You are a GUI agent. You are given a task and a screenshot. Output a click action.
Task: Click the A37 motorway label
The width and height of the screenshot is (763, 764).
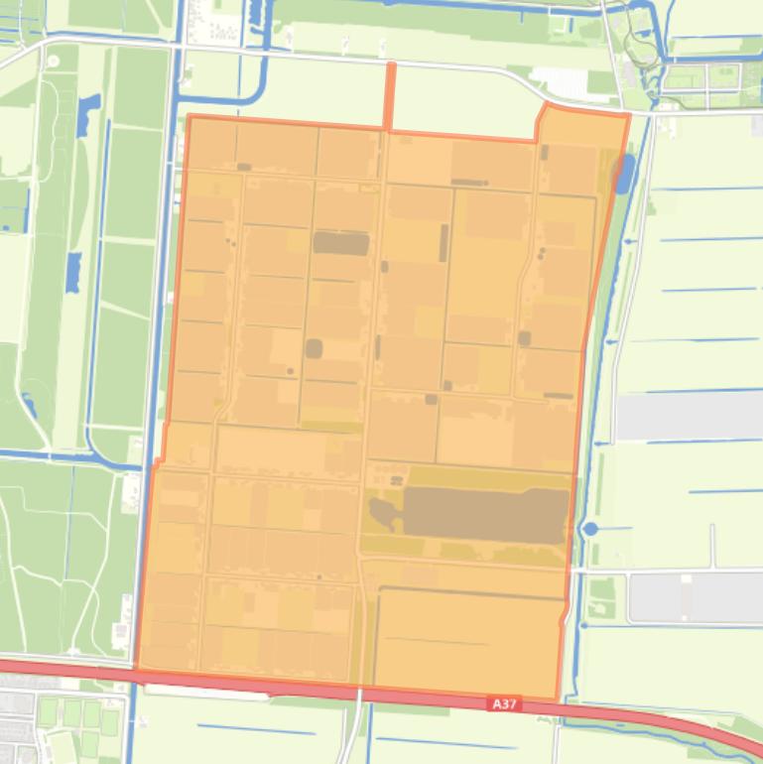504,703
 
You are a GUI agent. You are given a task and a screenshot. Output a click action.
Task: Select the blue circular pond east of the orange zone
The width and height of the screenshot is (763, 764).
590,529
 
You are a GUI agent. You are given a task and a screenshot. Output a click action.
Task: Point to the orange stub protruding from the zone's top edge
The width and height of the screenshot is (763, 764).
389,95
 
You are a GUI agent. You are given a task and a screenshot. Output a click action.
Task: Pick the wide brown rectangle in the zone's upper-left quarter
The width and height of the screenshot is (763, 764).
340,243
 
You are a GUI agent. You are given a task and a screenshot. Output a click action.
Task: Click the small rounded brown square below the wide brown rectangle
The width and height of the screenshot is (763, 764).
314,348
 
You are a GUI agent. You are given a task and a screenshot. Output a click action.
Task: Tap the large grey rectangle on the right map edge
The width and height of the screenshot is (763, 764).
689,416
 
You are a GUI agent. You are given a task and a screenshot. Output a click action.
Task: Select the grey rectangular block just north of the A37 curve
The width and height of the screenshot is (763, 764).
695,596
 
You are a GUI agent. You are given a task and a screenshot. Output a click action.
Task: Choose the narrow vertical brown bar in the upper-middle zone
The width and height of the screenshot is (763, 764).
444,242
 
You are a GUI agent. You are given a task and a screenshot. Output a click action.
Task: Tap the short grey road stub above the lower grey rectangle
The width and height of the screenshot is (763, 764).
712,546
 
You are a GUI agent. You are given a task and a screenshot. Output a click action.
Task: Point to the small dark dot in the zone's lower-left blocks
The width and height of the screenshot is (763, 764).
318,575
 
